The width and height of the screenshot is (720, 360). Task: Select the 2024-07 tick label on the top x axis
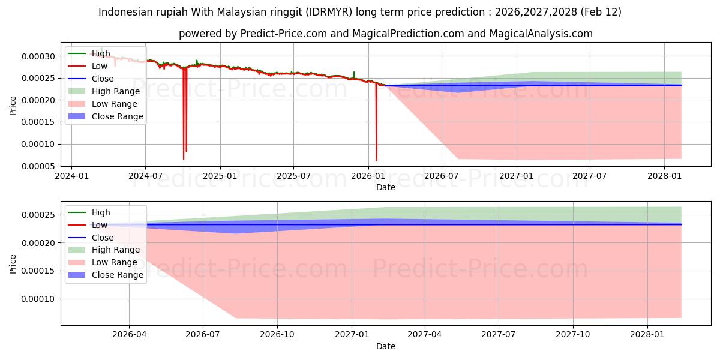(x=145, y=176)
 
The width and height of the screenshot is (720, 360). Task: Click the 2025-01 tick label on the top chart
(x=220, y=176)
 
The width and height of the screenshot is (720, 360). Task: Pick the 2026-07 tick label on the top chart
(x=442, y=176)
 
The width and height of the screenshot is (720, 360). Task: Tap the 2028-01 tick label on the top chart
(x=664, y=176)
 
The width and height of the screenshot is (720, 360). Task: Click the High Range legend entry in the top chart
(x=115, y=91)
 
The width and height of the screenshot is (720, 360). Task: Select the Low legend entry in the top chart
(x=100, y=66)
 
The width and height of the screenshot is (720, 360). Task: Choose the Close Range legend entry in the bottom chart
(x=118, y=275)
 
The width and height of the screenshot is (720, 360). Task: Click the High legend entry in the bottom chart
(x=101, y=212)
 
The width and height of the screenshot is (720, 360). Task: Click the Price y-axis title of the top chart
(x=13, y=105)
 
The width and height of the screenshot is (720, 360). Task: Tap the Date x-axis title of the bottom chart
(x=386, y=346)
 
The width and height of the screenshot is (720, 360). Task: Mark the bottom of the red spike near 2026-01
(x=376, y=160)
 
